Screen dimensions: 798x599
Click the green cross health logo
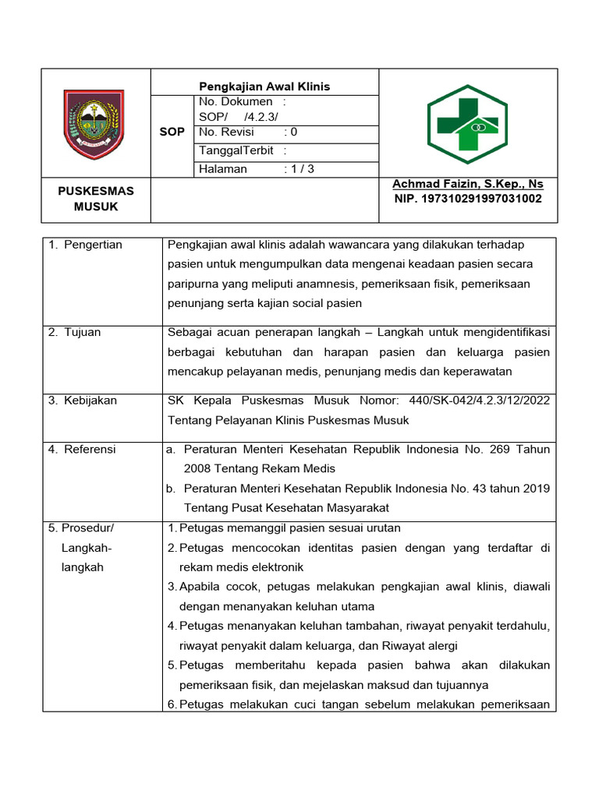click(467, 124)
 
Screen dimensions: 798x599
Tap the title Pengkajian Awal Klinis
click(264, 87)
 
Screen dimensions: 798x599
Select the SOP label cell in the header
click(172, 132)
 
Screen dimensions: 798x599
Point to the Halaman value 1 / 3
click(299, 168)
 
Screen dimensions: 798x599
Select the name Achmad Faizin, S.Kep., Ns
click(468, 184)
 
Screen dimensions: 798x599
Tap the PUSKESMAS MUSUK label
click(96, 199)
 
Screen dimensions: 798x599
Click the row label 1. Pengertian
click(86, 245)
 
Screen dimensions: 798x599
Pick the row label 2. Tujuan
click(75, 332)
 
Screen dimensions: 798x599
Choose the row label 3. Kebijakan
click(83, 401)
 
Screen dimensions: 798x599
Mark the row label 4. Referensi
click(82, 449)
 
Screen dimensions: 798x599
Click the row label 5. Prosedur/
click(81, 528)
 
